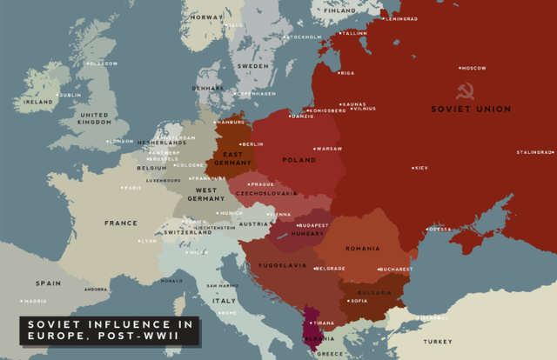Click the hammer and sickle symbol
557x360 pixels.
(x=464, y=90)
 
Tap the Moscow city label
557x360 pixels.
(x=473, y=68)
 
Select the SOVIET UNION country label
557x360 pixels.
(x=471, y=109)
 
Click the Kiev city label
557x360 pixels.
(x=419, y=167)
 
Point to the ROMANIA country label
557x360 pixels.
(x=363, y=248)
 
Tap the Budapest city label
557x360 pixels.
(x=312, y=225)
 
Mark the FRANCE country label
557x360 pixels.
(x=121, y=223)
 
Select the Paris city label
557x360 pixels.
(x=132, y=188)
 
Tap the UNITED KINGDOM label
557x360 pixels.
(x=93, y=119)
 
